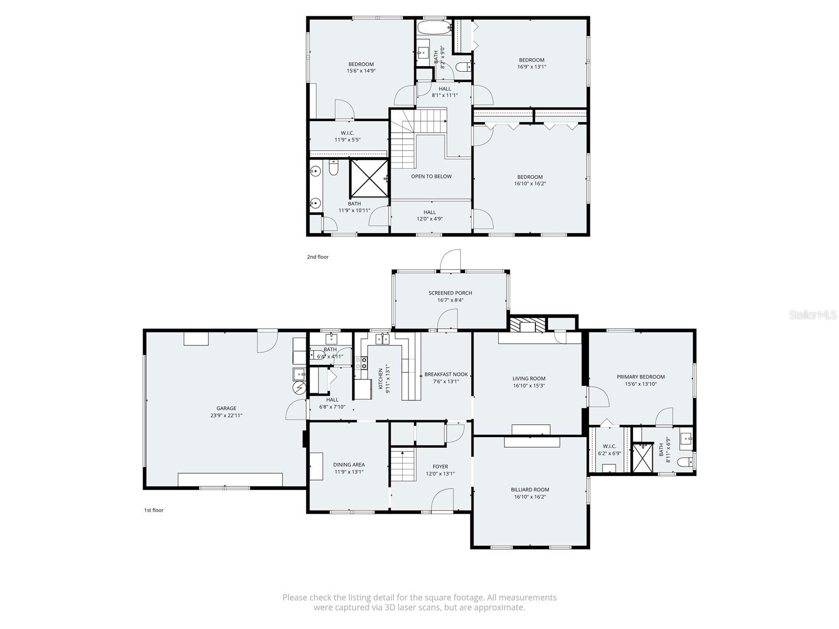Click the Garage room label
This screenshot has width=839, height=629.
click(x=227, y=408)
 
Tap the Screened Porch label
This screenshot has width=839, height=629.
click(x=450, y=293)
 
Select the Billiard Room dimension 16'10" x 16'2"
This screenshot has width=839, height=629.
click(x=530, y=497)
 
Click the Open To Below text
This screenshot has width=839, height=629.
click(x=431, y=177)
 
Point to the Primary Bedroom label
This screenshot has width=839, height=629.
click(x=640, y=377)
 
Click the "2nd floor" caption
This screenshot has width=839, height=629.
click(x=318, y=257)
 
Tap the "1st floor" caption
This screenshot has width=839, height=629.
click(x=154, y=510)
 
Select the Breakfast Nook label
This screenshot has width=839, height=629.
click(x=446, y=374)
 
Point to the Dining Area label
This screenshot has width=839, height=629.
click(x=349, y=464)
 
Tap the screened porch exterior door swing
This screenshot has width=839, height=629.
click(x=450, y=261)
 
